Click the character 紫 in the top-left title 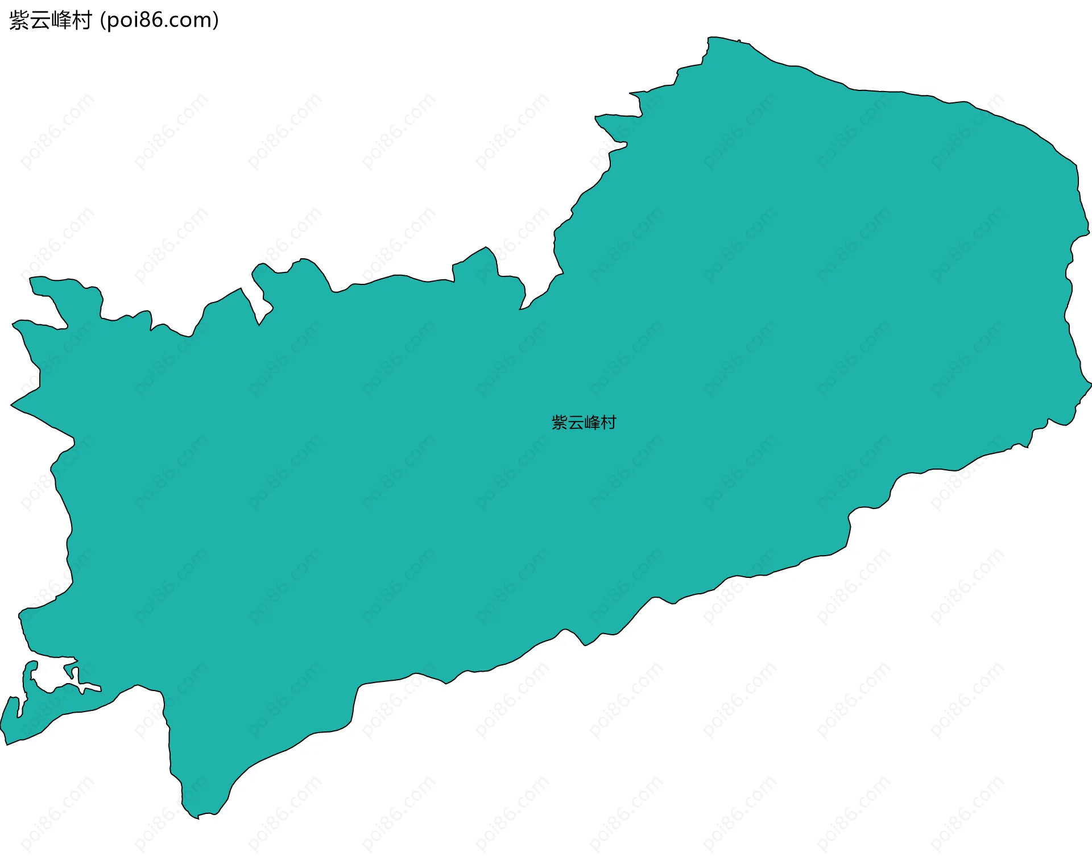pos(19,21)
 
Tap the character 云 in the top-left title pos(40,21)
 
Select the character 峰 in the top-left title pos(61,21)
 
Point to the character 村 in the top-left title pos(82,21)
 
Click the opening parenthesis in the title pos(102,21)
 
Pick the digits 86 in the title pos(152,20)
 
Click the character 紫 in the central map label pos(560,423)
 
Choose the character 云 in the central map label pos(576,423)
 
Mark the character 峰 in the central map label pos(592,423)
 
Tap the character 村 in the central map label pos(609,423)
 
